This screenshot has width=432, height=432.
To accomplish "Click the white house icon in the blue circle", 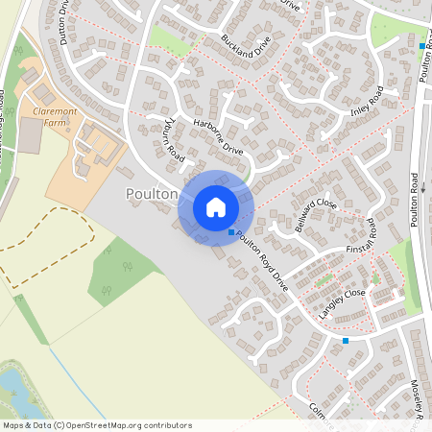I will pos(216,207).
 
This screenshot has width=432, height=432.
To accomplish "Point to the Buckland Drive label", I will pos(247,44).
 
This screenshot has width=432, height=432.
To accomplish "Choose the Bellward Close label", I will pos(315,209).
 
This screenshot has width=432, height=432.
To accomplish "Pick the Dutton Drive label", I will pos(62,19).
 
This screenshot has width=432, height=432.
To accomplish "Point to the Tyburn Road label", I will pos(173,138).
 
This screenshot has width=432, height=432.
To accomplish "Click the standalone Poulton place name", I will pos(152,193).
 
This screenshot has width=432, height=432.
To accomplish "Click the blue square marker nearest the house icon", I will pos(230,232).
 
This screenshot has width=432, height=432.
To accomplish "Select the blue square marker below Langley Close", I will pos(346,340).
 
